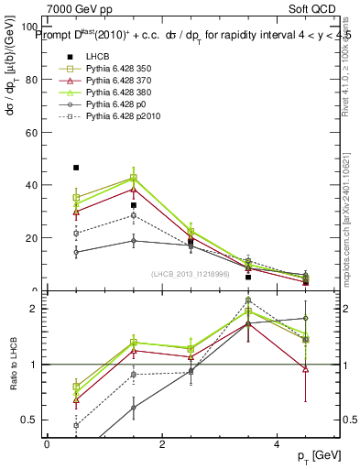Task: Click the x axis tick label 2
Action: click(x=162, y=443)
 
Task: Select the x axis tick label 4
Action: click(x=277, y=443)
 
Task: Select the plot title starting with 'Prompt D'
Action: click(x=192, y=35)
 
